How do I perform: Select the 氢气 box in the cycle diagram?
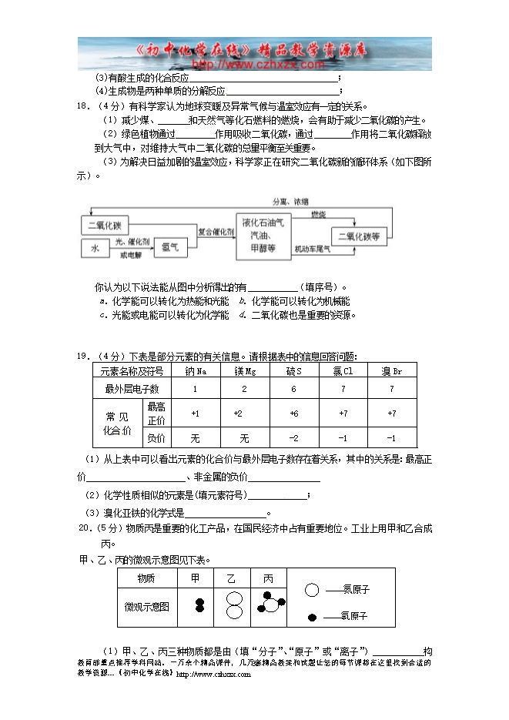[169, 247]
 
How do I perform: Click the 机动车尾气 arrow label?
[312, 249]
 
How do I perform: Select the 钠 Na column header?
[196, 370]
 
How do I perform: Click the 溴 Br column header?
[392, 370]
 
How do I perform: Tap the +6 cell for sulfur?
[293, 414]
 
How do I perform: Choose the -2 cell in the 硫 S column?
[293, 438]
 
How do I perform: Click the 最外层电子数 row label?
[132, 389]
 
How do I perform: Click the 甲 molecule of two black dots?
[199, 605]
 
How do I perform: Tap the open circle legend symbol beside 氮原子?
[312, 590]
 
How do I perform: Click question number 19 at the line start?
[83, 356]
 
